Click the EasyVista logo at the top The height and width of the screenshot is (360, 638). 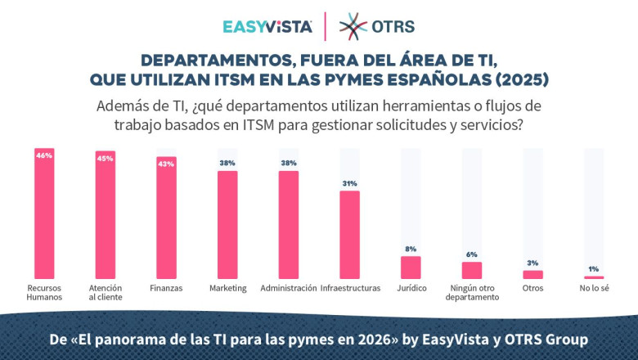click(x=267, y=26)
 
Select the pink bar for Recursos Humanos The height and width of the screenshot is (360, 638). click(x=44, y=217)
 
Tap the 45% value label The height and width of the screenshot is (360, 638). click(x=105, y=158)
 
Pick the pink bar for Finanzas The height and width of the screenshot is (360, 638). click(x=166, y=221)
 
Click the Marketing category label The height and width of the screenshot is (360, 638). click(x=227, y=289)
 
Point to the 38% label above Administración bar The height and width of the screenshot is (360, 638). click(x=289, y=163)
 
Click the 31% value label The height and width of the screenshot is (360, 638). click(x=349, y=183)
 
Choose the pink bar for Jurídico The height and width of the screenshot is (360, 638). click(x=411, y=268)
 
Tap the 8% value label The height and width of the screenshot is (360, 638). click(x=411, y=249)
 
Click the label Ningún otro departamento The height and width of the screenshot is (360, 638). click(x=473, y=293)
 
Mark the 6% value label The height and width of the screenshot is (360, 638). click(x=472, y=254)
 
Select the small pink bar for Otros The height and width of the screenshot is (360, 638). click(x=532, y=275)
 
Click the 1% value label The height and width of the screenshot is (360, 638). click(x=594, y=269)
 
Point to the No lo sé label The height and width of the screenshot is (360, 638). click(x=594, y=289)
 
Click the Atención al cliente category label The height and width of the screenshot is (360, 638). click(x=105, y=293)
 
